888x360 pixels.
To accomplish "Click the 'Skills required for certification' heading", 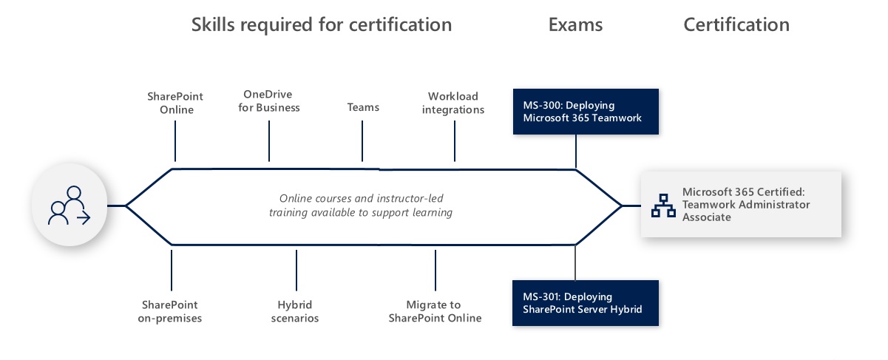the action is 322,25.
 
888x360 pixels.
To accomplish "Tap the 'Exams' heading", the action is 576,24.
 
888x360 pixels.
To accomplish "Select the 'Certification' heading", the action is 736,24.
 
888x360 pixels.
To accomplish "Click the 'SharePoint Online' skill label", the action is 175,103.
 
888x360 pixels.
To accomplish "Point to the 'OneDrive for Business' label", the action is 269,101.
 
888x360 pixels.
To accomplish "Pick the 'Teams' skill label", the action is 363,107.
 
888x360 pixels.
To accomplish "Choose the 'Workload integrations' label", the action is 453,103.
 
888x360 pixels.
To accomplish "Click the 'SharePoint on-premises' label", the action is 169,311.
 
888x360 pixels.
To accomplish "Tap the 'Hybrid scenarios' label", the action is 294,311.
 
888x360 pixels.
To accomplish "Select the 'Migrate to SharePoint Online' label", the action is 435,311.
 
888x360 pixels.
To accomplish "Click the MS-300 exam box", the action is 586,112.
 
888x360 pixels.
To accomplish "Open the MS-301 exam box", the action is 585,303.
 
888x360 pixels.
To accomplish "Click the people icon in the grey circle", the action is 70,206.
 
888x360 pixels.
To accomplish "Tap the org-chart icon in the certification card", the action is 663,206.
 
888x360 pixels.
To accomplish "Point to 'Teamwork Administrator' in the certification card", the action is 746,205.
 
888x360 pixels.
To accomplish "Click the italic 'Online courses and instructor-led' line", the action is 361,198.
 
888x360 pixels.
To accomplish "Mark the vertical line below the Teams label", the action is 362,140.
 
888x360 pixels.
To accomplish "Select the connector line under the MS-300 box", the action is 576,152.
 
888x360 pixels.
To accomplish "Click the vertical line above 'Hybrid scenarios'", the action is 296,270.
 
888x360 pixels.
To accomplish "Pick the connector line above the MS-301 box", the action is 575,263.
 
